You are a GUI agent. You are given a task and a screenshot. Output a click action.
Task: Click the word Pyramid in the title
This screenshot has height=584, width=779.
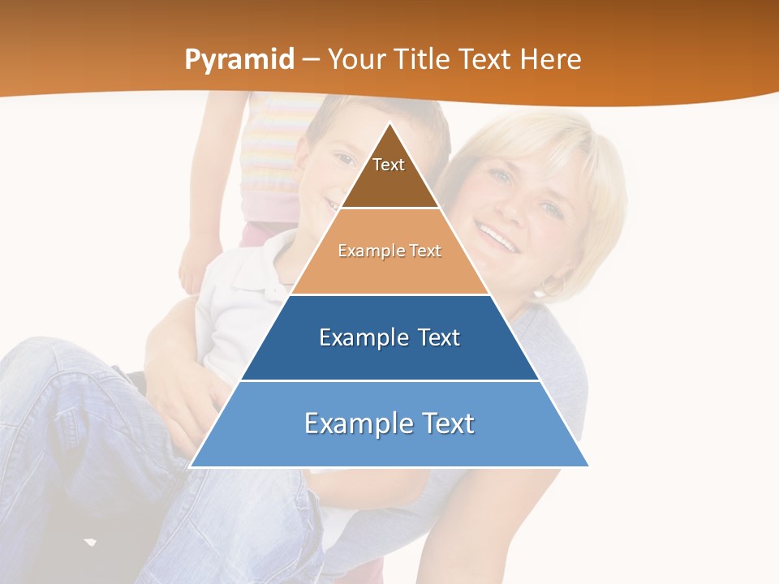coord(239,60)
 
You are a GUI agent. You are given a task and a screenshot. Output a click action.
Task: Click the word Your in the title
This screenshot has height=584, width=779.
coord(357,59)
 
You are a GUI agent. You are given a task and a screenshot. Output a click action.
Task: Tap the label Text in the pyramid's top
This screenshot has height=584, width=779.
coord(389,165)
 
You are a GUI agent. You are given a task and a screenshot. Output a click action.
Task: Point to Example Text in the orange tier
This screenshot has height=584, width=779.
coord(389,251)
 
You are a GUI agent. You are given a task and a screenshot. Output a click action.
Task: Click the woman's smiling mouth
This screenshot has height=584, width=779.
coord(497,236)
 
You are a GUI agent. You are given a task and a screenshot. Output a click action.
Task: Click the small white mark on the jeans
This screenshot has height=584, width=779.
coord(90,541)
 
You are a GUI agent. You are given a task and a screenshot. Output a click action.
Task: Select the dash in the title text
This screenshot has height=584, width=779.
coord(311,60)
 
